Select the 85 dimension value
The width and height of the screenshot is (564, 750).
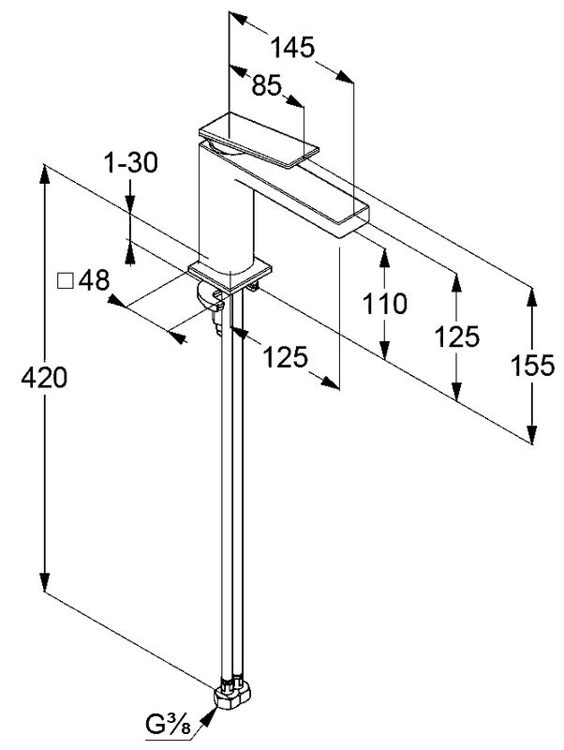[x=267, y=85]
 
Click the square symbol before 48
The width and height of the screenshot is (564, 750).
[x=65, y=280]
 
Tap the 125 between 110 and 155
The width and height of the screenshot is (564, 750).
[x=458, y=336]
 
